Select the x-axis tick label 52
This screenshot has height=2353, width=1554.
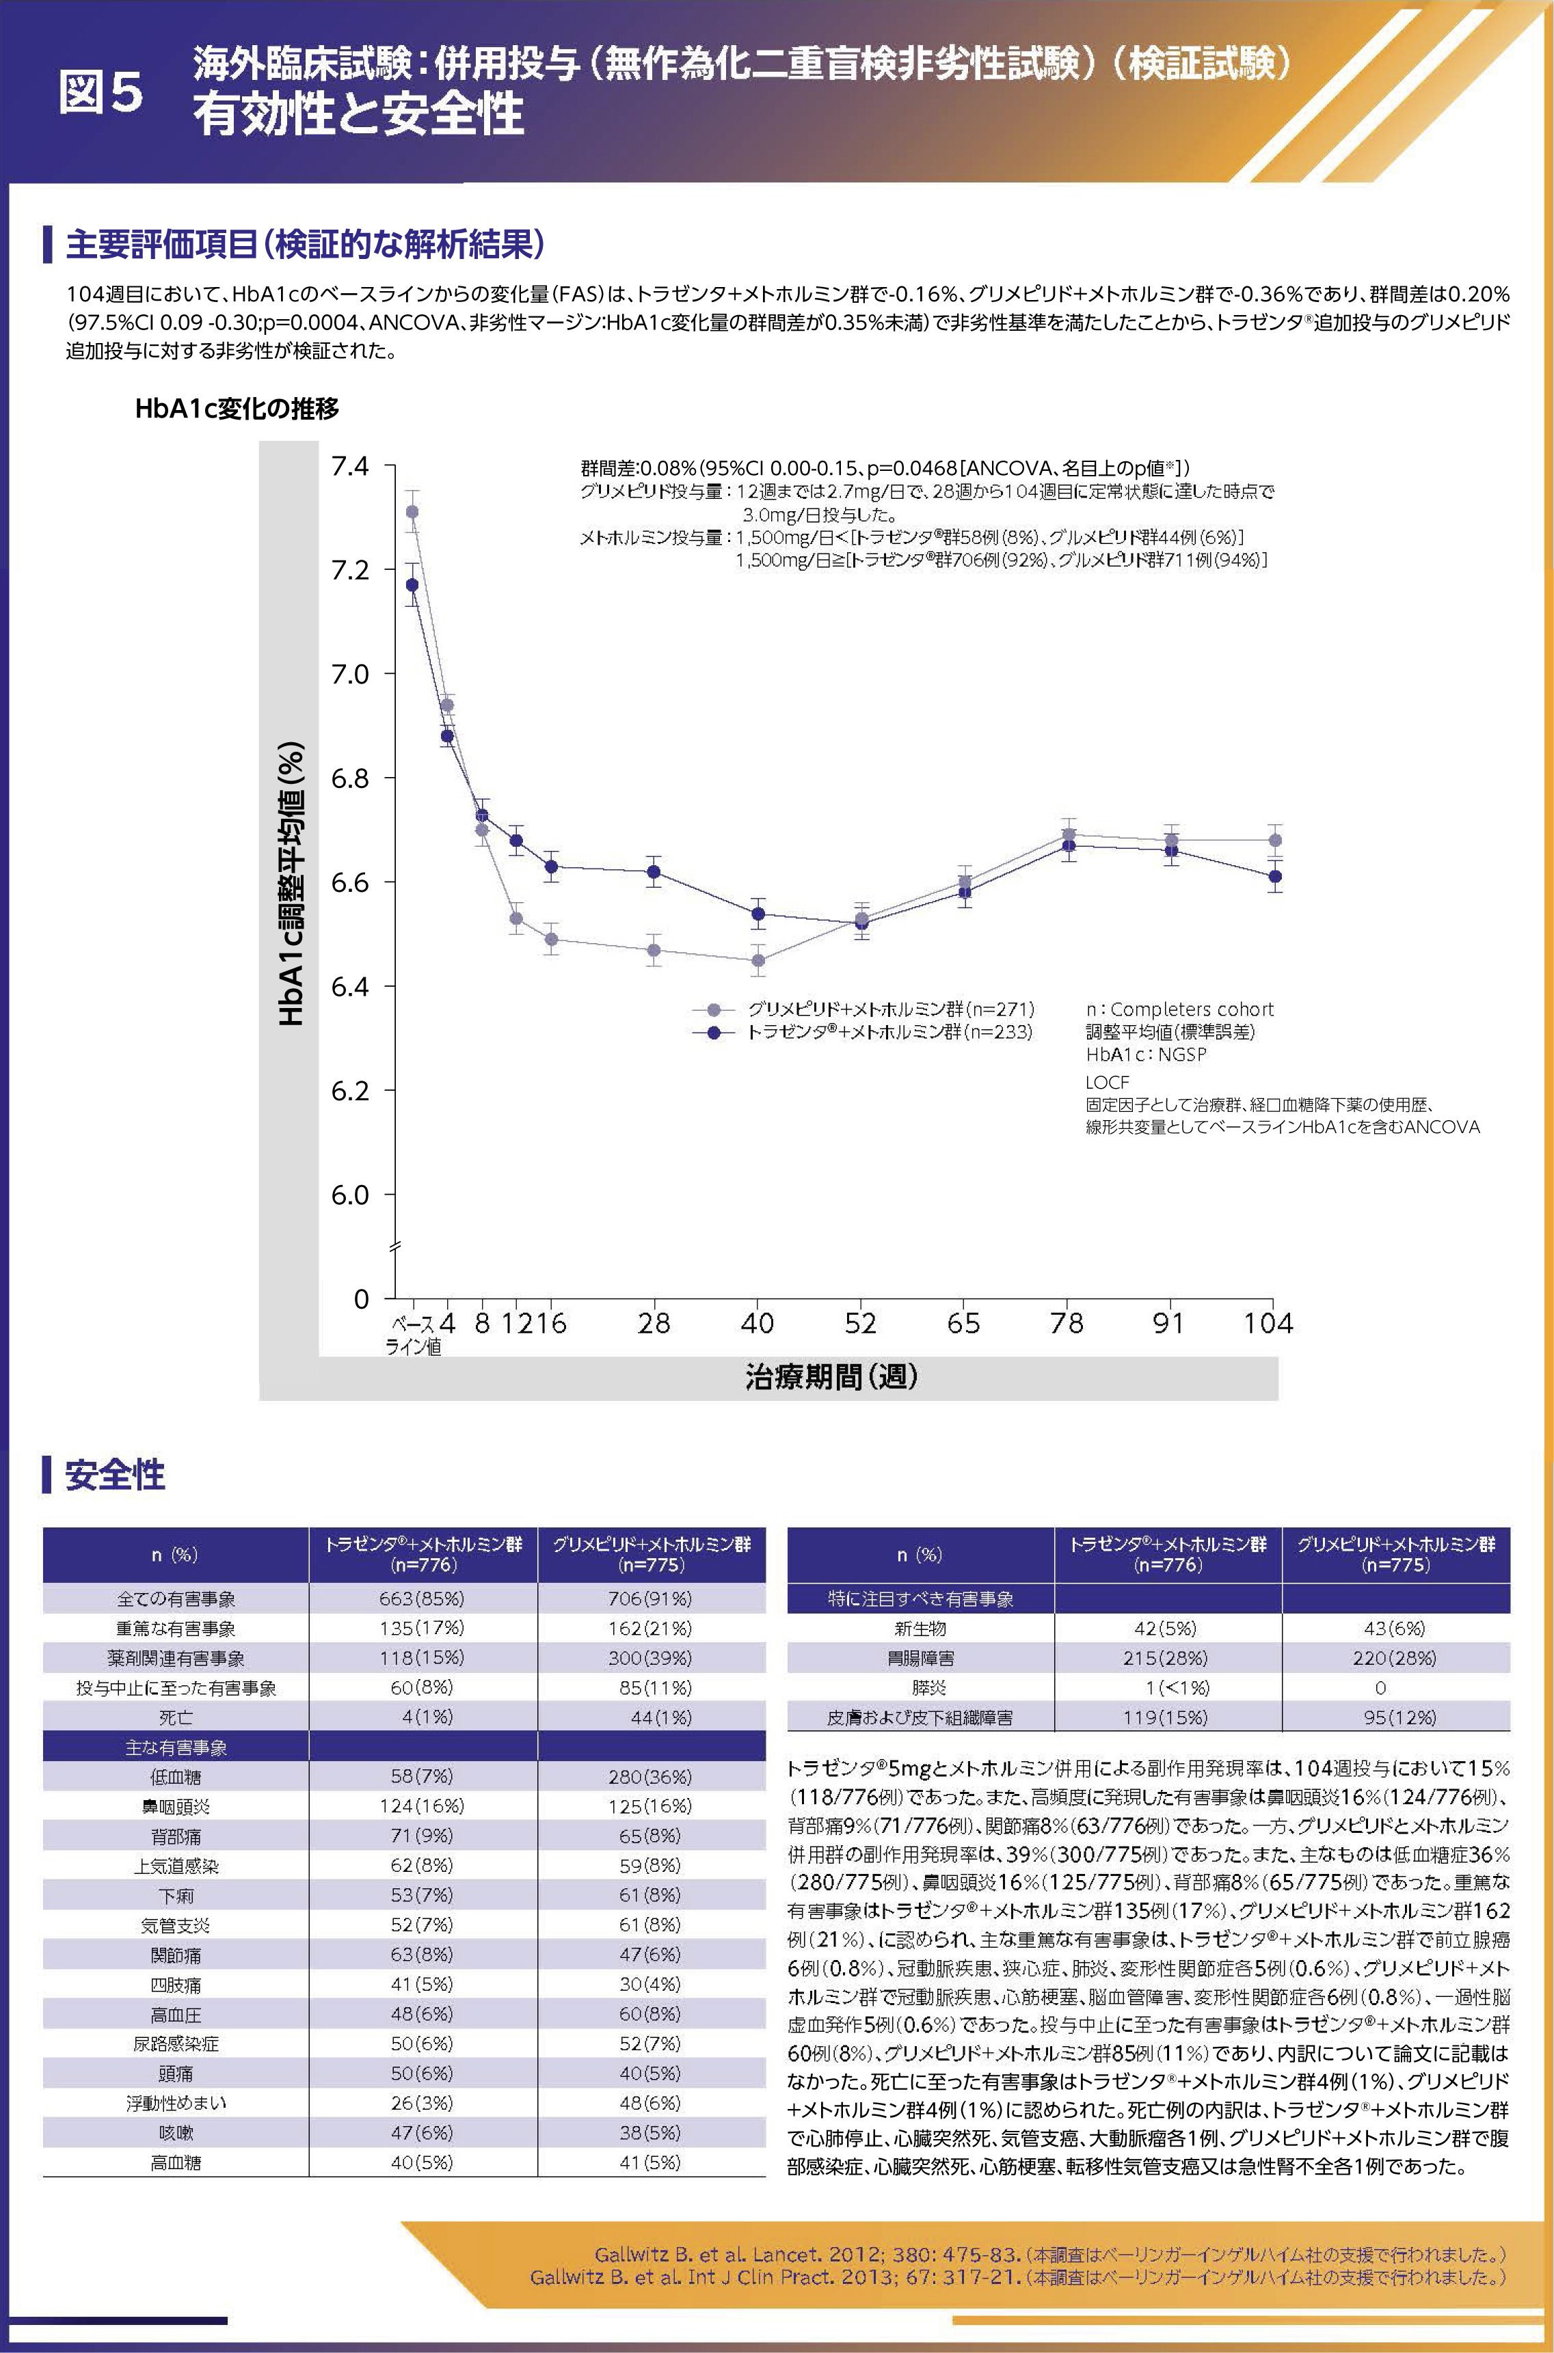(x=859, y=1324)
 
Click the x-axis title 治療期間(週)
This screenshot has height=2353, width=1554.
(x=831, y=1376)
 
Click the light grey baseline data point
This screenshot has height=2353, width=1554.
(x=412, y=511)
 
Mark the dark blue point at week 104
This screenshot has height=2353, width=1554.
(x=1276, y=876)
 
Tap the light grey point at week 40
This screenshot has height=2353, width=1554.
(x=758, y=960)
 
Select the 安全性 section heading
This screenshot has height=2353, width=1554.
(x=114, y=1474)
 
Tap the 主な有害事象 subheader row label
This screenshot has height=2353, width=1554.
(x=176, y=1747)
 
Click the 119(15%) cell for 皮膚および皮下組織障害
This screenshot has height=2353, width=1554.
(x=1168, y=1717)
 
